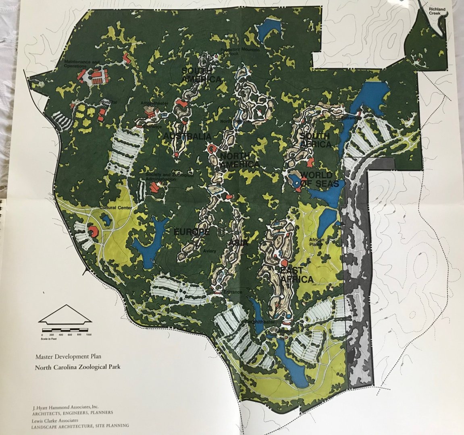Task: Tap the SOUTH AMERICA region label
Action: tap(201, 75)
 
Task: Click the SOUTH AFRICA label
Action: tap(315, 140)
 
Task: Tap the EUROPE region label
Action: tap(191, 232)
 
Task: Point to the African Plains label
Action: tap(317, 242)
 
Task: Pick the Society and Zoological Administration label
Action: tap(170, 177)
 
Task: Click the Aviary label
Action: tap(210, 251)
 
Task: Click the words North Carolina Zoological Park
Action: tap(77, 367)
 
